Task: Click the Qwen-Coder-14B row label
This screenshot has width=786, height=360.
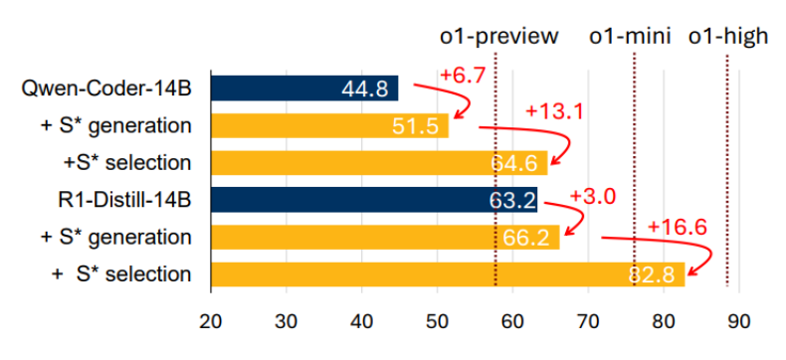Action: pos(106,89)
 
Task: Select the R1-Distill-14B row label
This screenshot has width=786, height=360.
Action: pos(124,200)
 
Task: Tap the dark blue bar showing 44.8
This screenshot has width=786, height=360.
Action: pos(304,89)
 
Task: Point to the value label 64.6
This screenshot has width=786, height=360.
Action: pos(514,163)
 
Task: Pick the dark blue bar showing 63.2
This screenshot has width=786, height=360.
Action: pos(374,200)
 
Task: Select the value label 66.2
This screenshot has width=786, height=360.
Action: pos(526,238)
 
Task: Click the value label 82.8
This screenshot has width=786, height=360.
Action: pos(652,274)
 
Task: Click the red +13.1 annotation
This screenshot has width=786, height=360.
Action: pos(555,111)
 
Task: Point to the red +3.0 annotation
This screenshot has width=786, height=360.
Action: pos(592,196)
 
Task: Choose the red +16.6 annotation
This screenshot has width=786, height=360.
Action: pos(678,228)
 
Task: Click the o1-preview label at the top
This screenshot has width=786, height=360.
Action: pos(498,37)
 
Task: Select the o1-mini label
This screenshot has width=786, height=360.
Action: pos(630,37)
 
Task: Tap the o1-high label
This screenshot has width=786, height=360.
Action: pos(728,37)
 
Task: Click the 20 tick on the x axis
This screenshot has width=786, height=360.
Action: pos(211,322)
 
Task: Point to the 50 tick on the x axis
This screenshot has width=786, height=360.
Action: pos(438,322)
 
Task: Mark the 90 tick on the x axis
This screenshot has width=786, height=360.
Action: pos(739,322)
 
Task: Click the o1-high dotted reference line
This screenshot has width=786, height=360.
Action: pos(727,170)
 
